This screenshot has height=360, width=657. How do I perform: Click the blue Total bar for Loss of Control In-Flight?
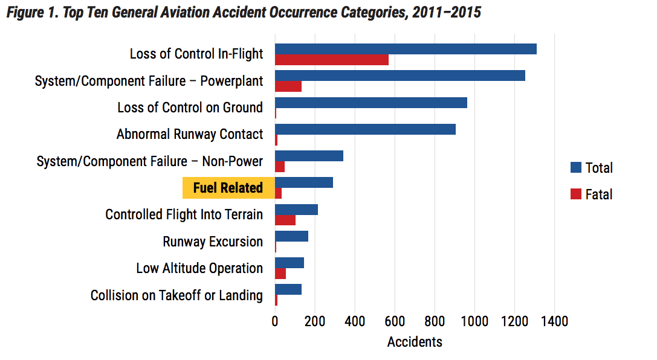[x=406, y=49]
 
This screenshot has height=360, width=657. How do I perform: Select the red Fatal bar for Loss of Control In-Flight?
[x=332, y=60]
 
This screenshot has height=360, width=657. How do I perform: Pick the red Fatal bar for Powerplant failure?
[x=288, y=86]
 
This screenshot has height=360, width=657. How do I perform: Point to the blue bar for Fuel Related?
[x=304, y=182]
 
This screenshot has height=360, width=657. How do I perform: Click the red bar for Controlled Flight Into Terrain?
[x=285, y=220]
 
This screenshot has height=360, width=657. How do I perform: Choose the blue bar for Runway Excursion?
[x=291, y=236]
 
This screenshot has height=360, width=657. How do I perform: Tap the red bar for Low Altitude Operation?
[x=280, y=273]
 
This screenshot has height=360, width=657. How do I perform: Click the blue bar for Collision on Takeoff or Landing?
[x=288, y=289]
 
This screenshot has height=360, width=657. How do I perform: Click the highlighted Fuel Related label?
[x=228, y=188]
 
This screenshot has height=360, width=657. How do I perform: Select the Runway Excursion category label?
[x=213, y=242]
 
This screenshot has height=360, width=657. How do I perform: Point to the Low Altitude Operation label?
[x=199, y=268]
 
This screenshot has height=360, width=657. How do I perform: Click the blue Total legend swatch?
[x=576, y=167]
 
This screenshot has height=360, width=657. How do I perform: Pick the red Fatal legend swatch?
[x=576, y=194]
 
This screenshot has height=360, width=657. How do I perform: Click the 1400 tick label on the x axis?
[x=554, y=321]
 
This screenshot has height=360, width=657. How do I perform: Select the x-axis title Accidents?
[x=415, y=342]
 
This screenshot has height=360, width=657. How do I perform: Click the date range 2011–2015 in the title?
[x=447, y=12]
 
